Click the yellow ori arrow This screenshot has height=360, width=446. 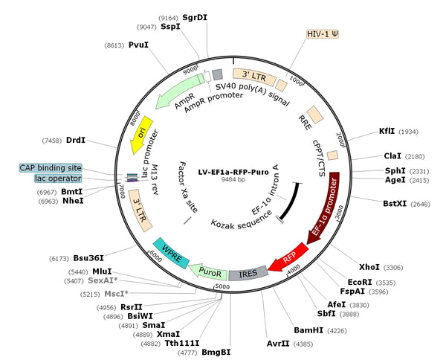141,135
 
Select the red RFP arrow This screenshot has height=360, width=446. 288,257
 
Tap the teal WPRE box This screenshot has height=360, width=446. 171,253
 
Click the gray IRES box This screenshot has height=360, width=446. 248,273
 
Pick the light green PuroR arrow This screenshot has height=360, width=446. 208,271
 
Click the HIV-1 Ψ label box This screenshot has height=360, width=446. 323,34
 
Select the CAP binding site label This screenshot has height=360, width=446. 51,167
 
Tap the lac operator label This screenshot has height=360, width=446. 58,179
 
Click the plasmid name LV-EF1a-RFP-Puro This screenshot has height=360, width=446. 233,172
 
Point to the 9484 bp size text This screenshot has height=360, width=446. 233,179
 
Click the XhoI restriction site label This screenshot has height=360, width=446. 369,267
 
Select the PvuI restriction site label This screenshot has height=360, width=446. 138,45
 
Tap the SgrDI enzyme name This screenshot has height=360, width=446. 195,18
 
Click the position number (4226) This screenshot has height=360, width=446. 337,331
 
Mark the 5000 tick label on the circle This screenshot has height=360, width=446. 222,286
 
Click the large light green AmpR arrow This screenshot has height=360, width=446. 179,91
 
